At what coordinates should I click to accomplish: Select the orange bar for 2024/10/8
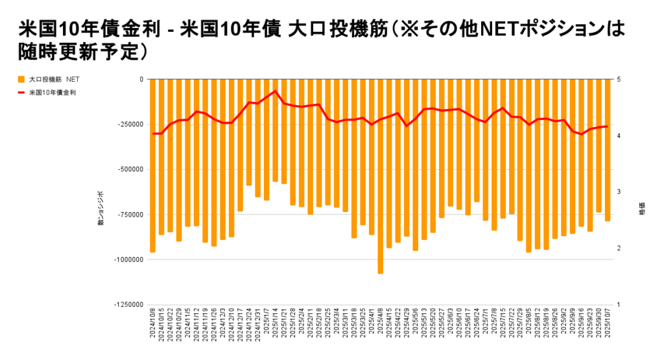coord(152,165)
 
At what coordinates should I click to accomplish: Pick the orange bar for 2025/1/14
coord(275,130)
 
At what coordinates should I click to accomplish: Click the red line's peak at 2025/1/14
coord(275,91)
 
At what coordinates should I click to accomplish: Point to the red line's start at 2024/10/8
coord(153,134)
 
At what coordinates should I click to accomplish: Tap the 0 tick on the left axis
coord(141,79)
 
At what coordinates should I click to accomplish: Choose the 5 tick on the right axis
coord(619,79)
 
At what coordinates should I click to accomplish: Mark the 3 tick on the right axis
coord(619,192)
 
